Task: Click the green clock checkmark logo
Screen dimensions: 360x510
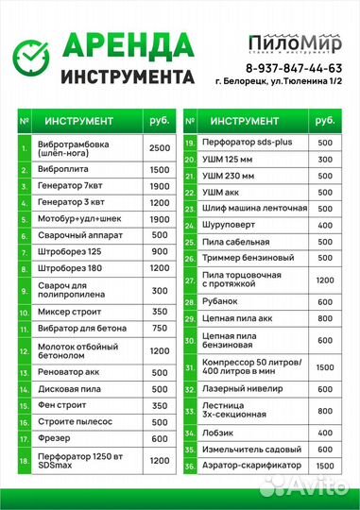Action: [29, 59]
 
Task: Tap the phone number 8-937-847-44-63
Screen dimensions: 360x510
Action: [294, 69]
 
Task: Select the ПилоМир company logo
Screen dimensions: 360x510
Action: [294, 42]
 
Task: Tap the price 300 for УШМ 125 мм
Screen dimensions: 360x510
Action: [325, 160]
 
